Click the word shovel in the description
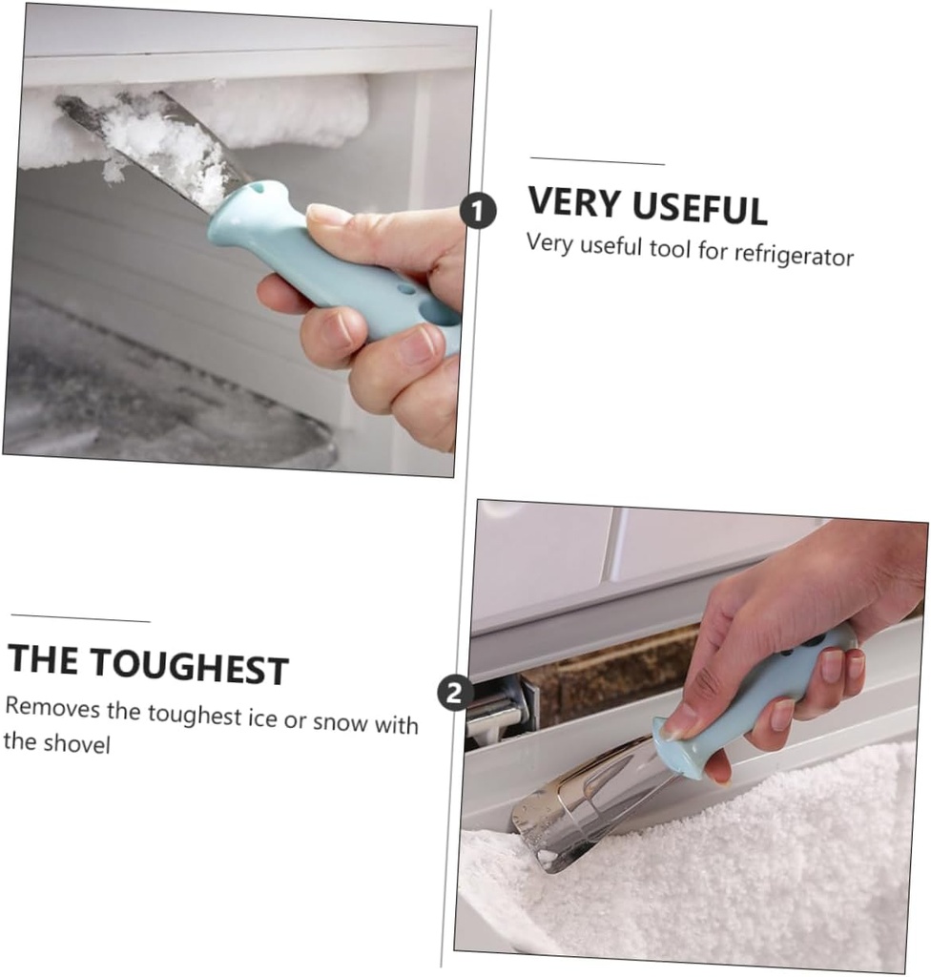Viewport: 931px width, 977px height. point(77,743)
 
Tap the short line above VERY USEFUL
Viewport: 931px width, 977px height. point(597,161)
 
